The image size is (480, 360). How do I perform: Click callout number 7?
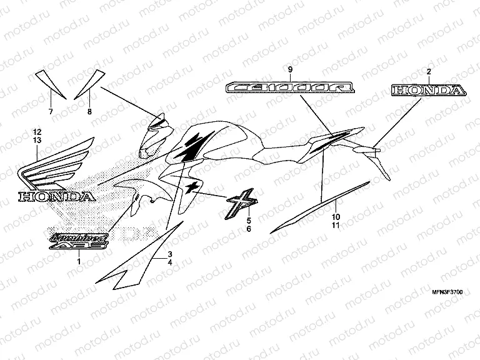coord(51,111)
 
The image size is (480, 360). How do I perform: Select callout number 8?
coord(89,111)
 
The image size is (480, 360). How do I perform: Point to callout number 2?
coord(428,72)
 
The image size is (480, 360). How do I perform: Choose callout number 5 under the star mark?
coord(248,221)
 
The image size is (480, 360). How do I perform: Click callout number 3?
coord(169,254)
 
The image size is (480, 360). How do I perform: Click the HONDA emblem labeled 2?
coord(428,91)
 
